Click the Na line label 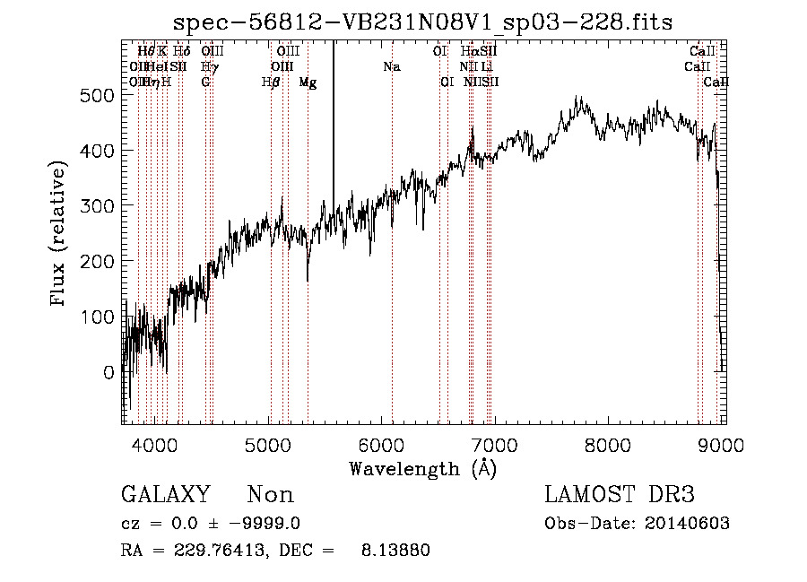point(391,66)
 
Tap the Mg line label point(308,83)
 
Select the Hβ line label point(270,83)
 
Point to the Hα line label point(470,51)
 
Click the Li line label point(486,66)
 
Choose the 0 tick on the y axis point(108,372)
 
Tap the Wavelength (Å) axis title point(422,468)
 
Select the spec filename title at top point(422,21)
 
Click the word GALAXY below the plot point(166,495)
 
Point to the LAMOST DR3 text point(620,495)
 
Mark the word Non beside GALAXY point(270,495)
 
